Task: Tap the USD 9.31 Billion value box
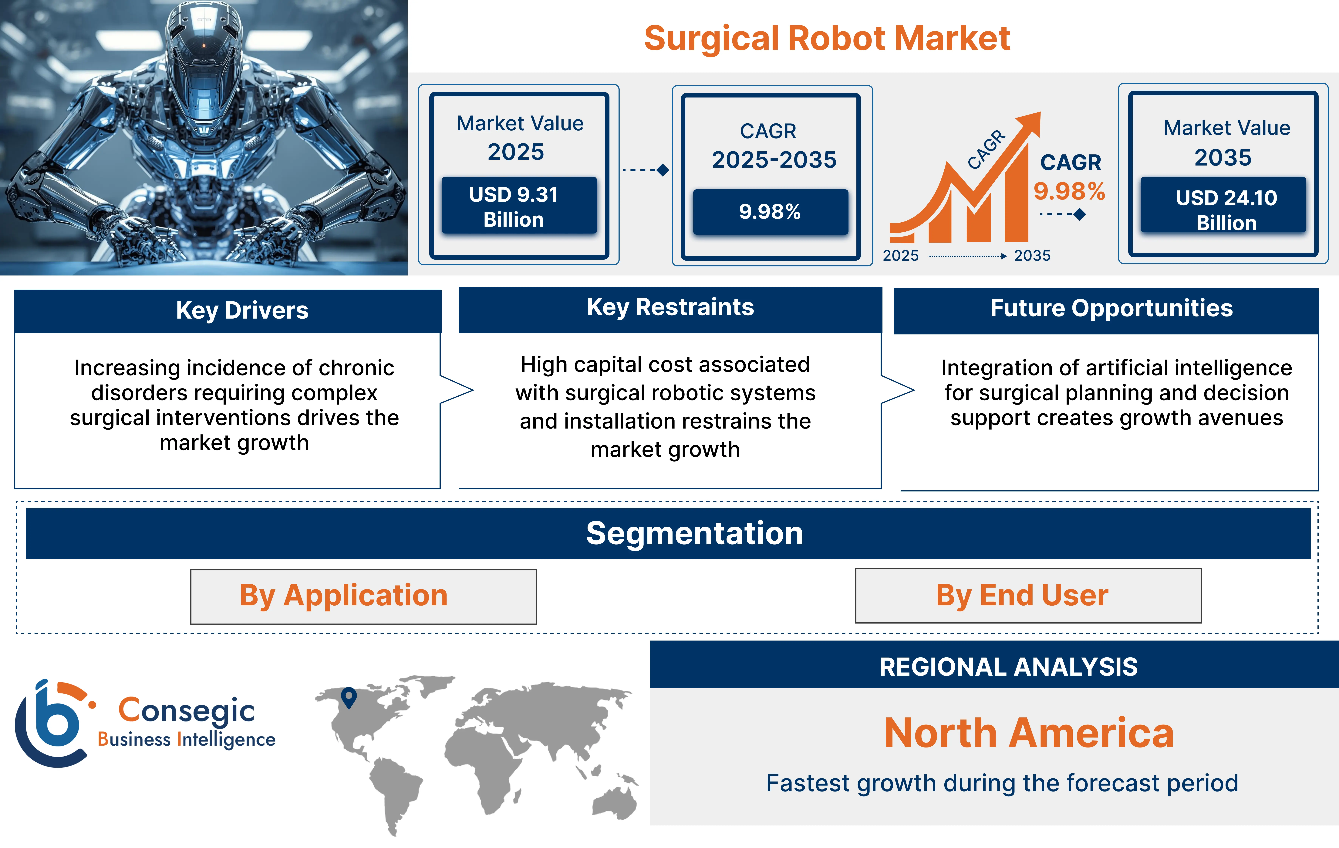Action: tap(519, 206)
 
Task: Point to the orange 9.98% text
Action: tap(1069, 191)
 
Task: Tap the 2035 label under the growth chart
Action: tap(1032, 256)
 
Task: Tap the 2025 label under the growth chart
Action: tap(901, 256)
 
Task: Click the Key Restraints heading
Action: tap(670, 307)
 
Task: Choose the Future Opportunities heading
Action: tap(1111, 308)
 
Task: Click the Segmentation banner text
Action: tap(695, 533)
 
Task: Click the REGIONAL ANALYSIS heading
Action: tap(1008, 667)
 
